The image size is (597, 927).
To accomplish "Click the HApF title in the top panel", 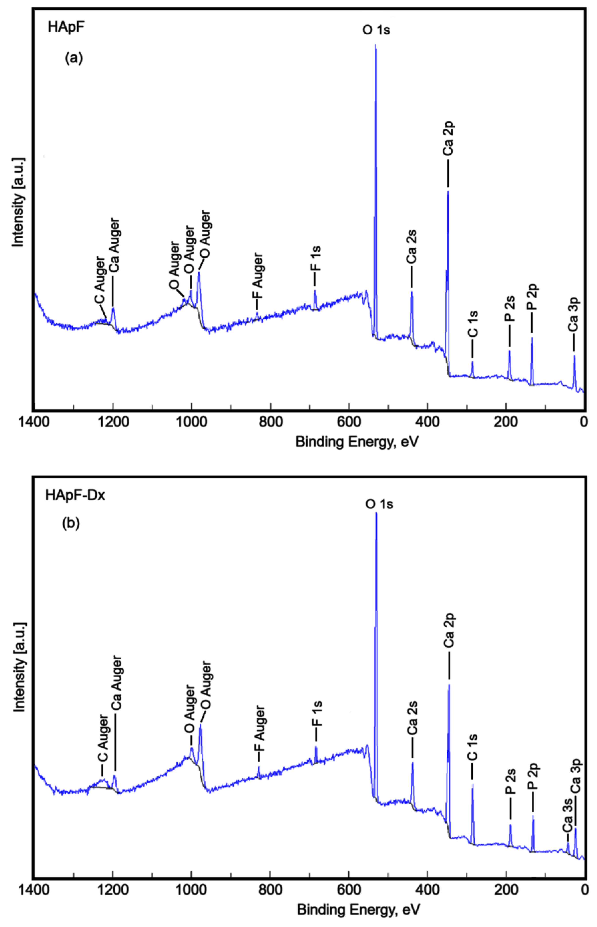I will click(66, 28).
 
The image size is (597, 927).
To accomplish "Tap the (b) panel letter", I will click(71, 523).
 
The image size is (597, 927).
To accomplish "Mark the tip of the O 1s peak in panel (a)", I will click(375, 45).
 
